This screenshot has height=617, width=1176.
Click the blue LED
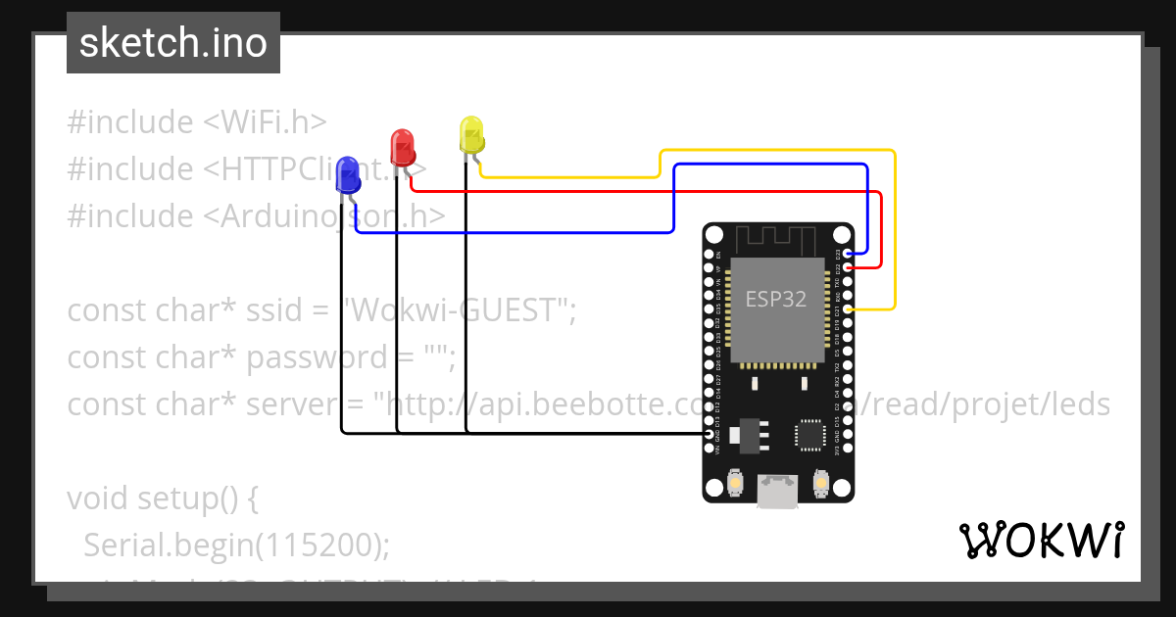tap(347, 176)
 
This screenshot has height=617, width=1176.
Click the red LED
tap(402, 147)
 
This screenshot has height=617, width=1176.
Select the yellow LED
tap(471, 135)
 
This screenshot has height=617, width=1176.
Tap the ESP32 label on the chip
tap(776, 299)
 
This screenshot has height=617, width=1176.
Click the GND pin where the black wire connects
tap(710, 433)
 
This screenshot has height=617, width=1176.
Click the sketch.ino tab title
tap(173, 43)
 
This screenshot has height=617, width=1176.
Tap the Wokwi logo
tap(1041, 540)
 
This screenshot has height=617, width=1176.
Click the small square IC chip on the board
tap(809, 435)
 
